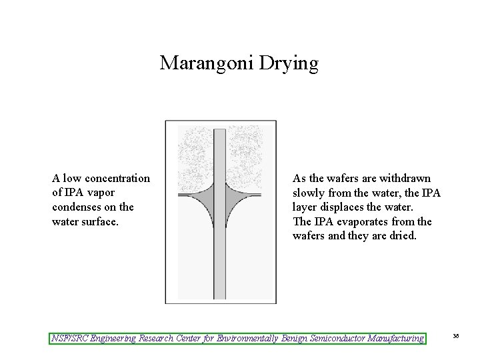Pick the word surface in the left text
tap(100, 221)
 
